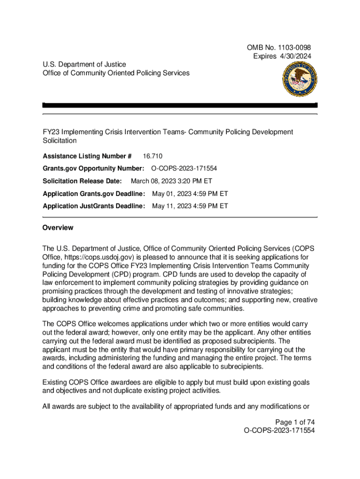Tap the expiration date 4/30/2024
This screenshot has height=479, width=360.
pos(295,56)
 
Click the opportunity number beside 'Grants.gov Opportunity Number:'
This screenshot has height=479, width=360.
pos(184,168)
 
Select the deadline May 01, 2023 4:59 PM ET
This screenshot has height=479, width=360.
pos(190,194)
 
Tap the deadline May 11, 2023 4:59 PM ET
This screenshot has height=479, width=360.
pos(190,206)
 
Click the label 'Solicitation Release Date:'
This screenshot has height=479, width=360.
pos(82,181)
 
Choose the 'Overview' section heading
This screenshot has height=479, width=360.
pos(58,228)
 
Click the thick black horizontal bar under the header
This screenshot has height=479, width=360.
pos(180,106)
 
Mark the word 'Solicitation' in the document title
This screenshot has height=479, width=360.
pos(59,140)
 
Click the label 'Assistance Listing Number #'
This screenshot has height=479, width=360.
pos(87,156)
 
